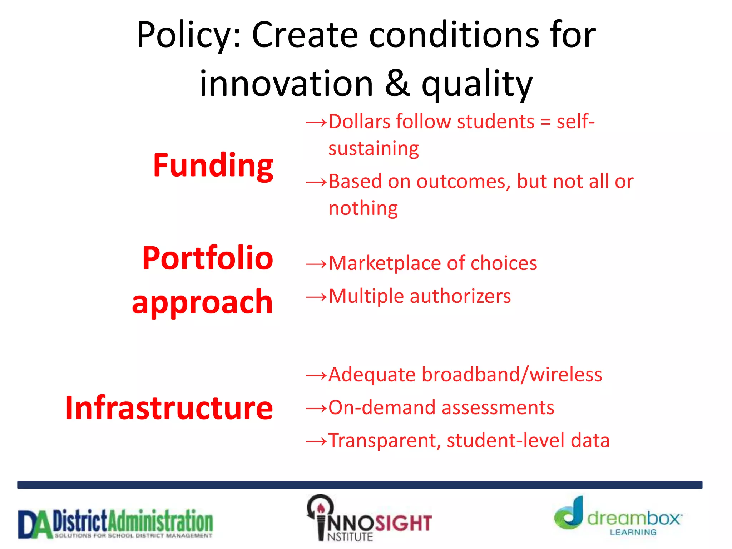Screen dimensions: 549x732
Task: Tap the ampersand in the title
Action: tap(397, 84)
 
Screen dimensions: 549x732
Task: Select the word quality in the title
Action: tap(477, 85)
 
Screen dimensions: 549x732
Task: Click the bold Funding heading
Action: tap(213, 165)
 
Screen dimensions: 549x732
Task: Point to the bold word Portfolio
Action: tap(208, 258)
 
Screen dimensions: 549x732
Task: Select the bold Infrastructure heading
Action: tap(169, 408)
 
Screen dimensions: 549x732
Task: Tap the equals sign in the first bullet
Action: tap(545, 122)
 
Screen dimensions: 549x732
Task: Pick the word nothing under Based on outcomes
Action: tap(363, 209)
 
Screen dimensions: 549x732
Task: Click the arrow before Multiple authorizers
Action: tap(316, 297)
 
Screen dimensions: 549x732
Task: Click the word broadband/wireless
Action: tap(511, 375)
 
